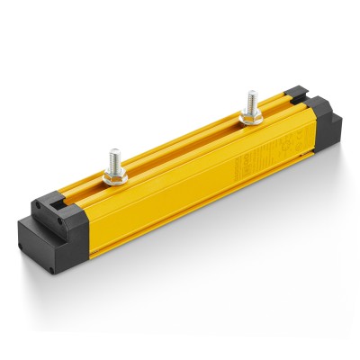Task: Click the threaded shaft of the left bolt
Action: tap(114, 163)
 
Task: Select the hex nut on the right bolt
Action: tap(251, 116)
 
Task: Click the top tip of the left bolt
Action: tap(113, 151)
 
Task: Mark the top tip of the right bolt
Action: tap(250, 92)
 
